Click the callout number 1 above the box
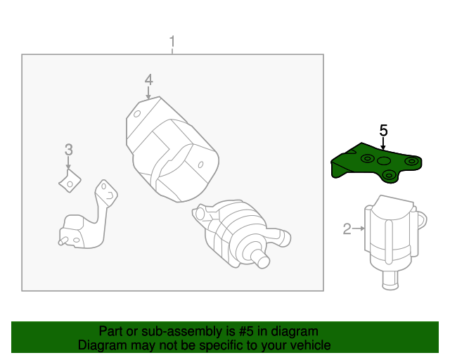[172, 42]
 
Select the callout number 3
[68, 149]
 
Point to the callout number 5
[383, 130]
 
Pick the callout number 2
[347, 229]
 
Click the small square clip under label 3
[68, 181]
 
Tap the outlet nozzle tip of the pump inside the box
[263, 261]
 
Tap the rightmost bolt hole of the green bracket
[413, 164]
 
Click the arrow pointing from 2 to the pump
[359, 229]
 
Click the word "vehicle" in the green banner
[309, 345]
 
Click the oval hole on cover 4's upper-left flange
[138, 112]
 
